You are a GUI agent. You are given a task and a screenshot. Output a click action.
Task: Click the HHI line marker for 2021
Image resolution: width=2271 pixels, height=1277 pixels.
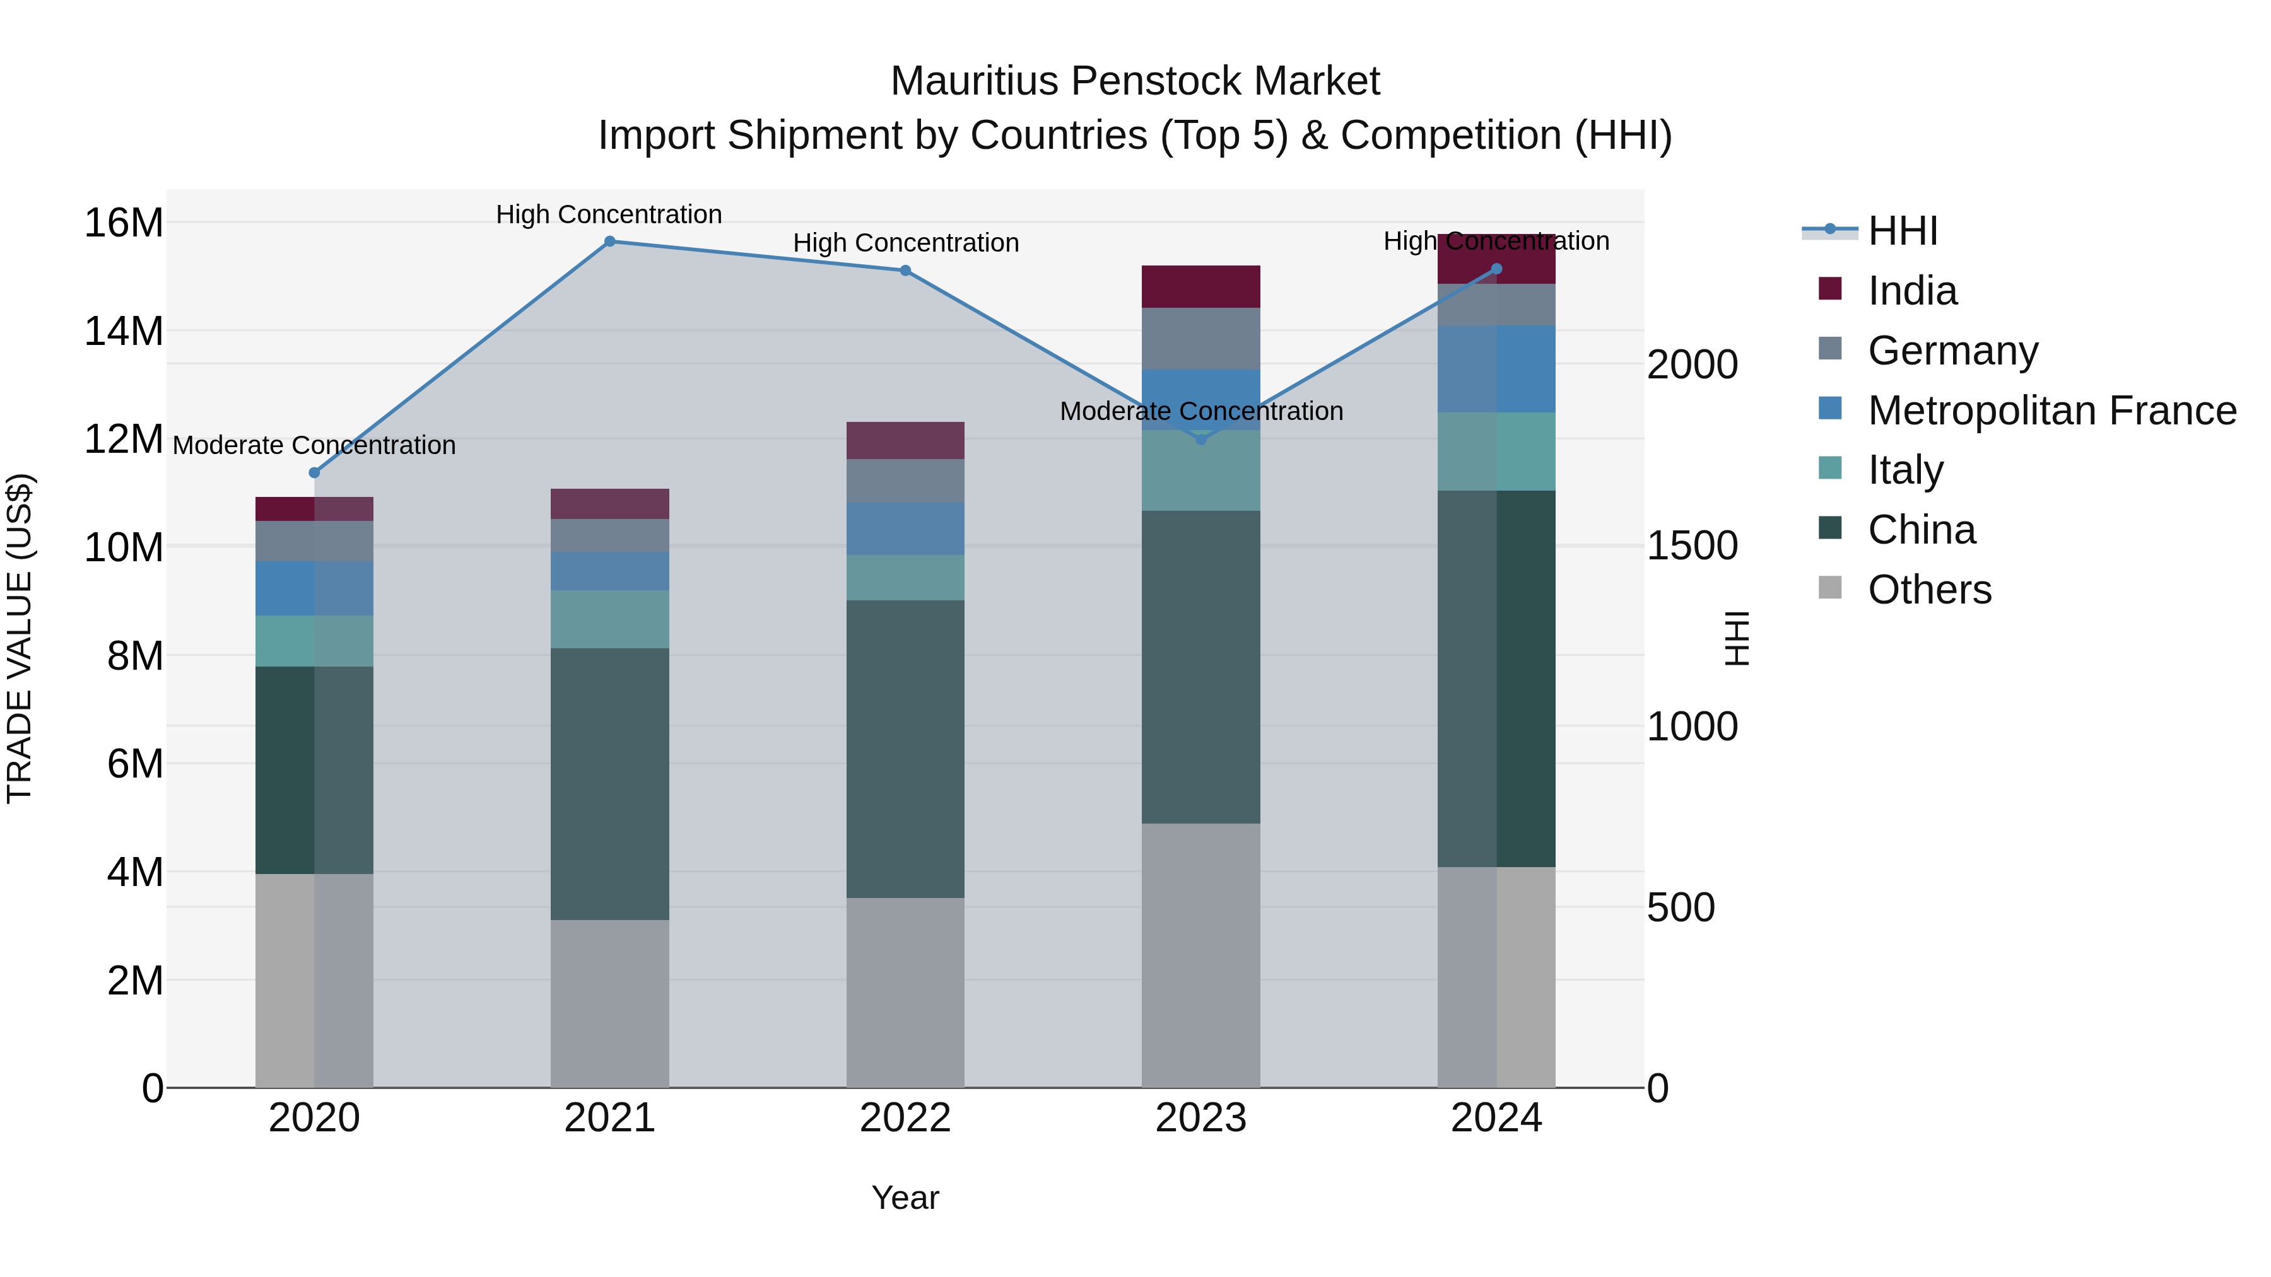(x=609, y=242)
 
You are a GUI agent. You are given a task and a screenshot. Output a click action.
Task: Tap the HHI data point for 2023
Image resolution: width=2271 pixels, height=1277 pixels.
(x=1200, y=439)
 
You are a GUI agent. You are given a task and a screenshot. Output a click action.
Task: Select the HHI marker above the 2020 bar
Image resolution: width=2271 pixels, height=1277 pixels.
(x=314, y=473)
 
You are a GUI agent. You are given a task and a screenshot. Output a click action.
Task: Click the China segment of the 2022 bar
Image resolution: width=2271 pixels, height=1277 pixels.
(x=905, y=749)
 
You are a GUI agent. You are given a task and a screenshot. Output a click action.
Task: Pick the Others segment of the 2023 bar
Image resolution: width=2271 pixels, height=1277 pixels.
(x=1200, y=956)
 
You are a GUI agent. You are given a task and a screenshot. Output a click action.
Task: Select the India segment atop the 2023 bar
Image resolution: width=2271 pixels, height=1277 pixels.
(x=1200, y=286)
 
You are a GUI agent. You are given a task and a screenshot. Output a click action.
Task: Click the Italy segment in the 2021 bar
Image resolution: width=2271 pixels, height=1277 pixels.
(x=609, y=619)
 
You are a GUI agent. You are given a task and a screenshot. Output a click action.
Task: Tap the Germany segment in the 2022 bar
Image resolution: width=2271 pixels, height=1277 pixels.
(x=905, y=481)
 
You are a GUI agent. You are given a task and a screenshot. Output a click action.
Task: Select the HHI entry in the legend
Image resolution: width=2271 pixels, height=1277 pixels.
(x=1903, y=231)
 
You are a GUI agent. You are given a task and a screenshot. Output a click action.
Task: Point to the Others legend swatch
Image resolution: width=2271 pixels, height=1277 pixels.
(x=1830, y=588)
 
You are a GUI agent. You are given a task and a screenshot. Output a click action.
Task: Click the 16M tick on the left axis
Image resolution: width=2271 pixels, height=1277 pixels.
(x=124, y=223)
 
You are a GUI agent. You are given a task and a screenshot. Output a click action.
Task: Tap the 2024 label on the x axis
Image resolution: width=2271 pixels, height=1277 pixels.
(x=1496, y=1119)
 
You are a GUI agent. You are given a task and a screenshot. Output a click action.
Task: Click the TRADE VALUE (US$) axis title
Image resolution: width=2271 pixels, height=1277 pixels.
(x=20, y=639)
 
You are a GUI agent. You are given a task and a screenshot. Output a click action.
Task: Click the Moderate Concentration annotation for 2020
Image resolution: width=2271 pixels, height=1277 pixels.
(x=314, y=445)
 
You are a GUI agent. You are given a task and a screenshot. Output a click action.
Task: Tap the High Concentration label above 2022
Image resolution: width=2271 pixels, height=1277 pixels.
(x=905, y=243)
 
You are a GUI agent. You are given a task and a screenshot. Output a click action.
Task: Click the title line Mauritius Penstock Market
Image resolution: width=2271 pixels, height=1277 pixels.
(x=1135, y=81)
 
